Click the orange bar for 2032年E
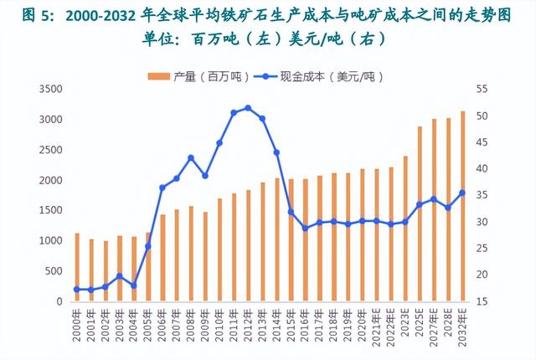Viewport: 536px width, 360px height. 463,206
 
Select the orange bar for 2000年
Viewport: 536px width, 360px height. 77,267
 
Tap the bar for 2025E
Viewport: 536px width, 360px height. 420,213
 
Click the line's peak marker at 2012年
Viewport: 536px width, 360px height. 248,108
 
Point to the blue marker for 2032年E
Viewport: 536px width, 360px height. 463,193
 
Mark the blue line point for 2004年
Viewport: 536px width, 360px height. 134,285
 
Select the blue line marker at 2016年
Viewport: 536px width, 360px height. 306,228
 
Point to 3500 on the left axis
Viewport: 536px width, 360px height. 52,89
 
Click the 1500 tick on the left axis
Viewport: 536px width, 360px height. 52,210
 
